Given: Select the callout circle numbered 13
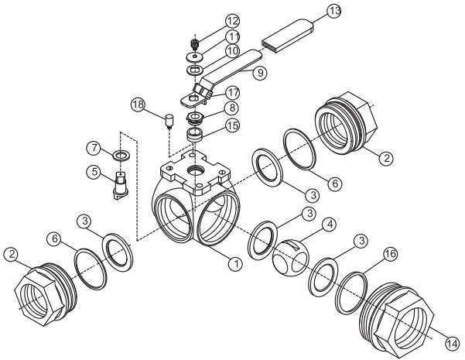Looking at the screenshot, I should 334,12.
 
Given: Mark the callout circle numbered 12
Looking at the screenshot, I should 211,19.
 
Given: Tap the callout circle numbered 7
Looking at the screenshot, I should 94,146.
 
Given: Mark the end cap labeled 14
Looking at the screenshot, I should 395,317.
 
